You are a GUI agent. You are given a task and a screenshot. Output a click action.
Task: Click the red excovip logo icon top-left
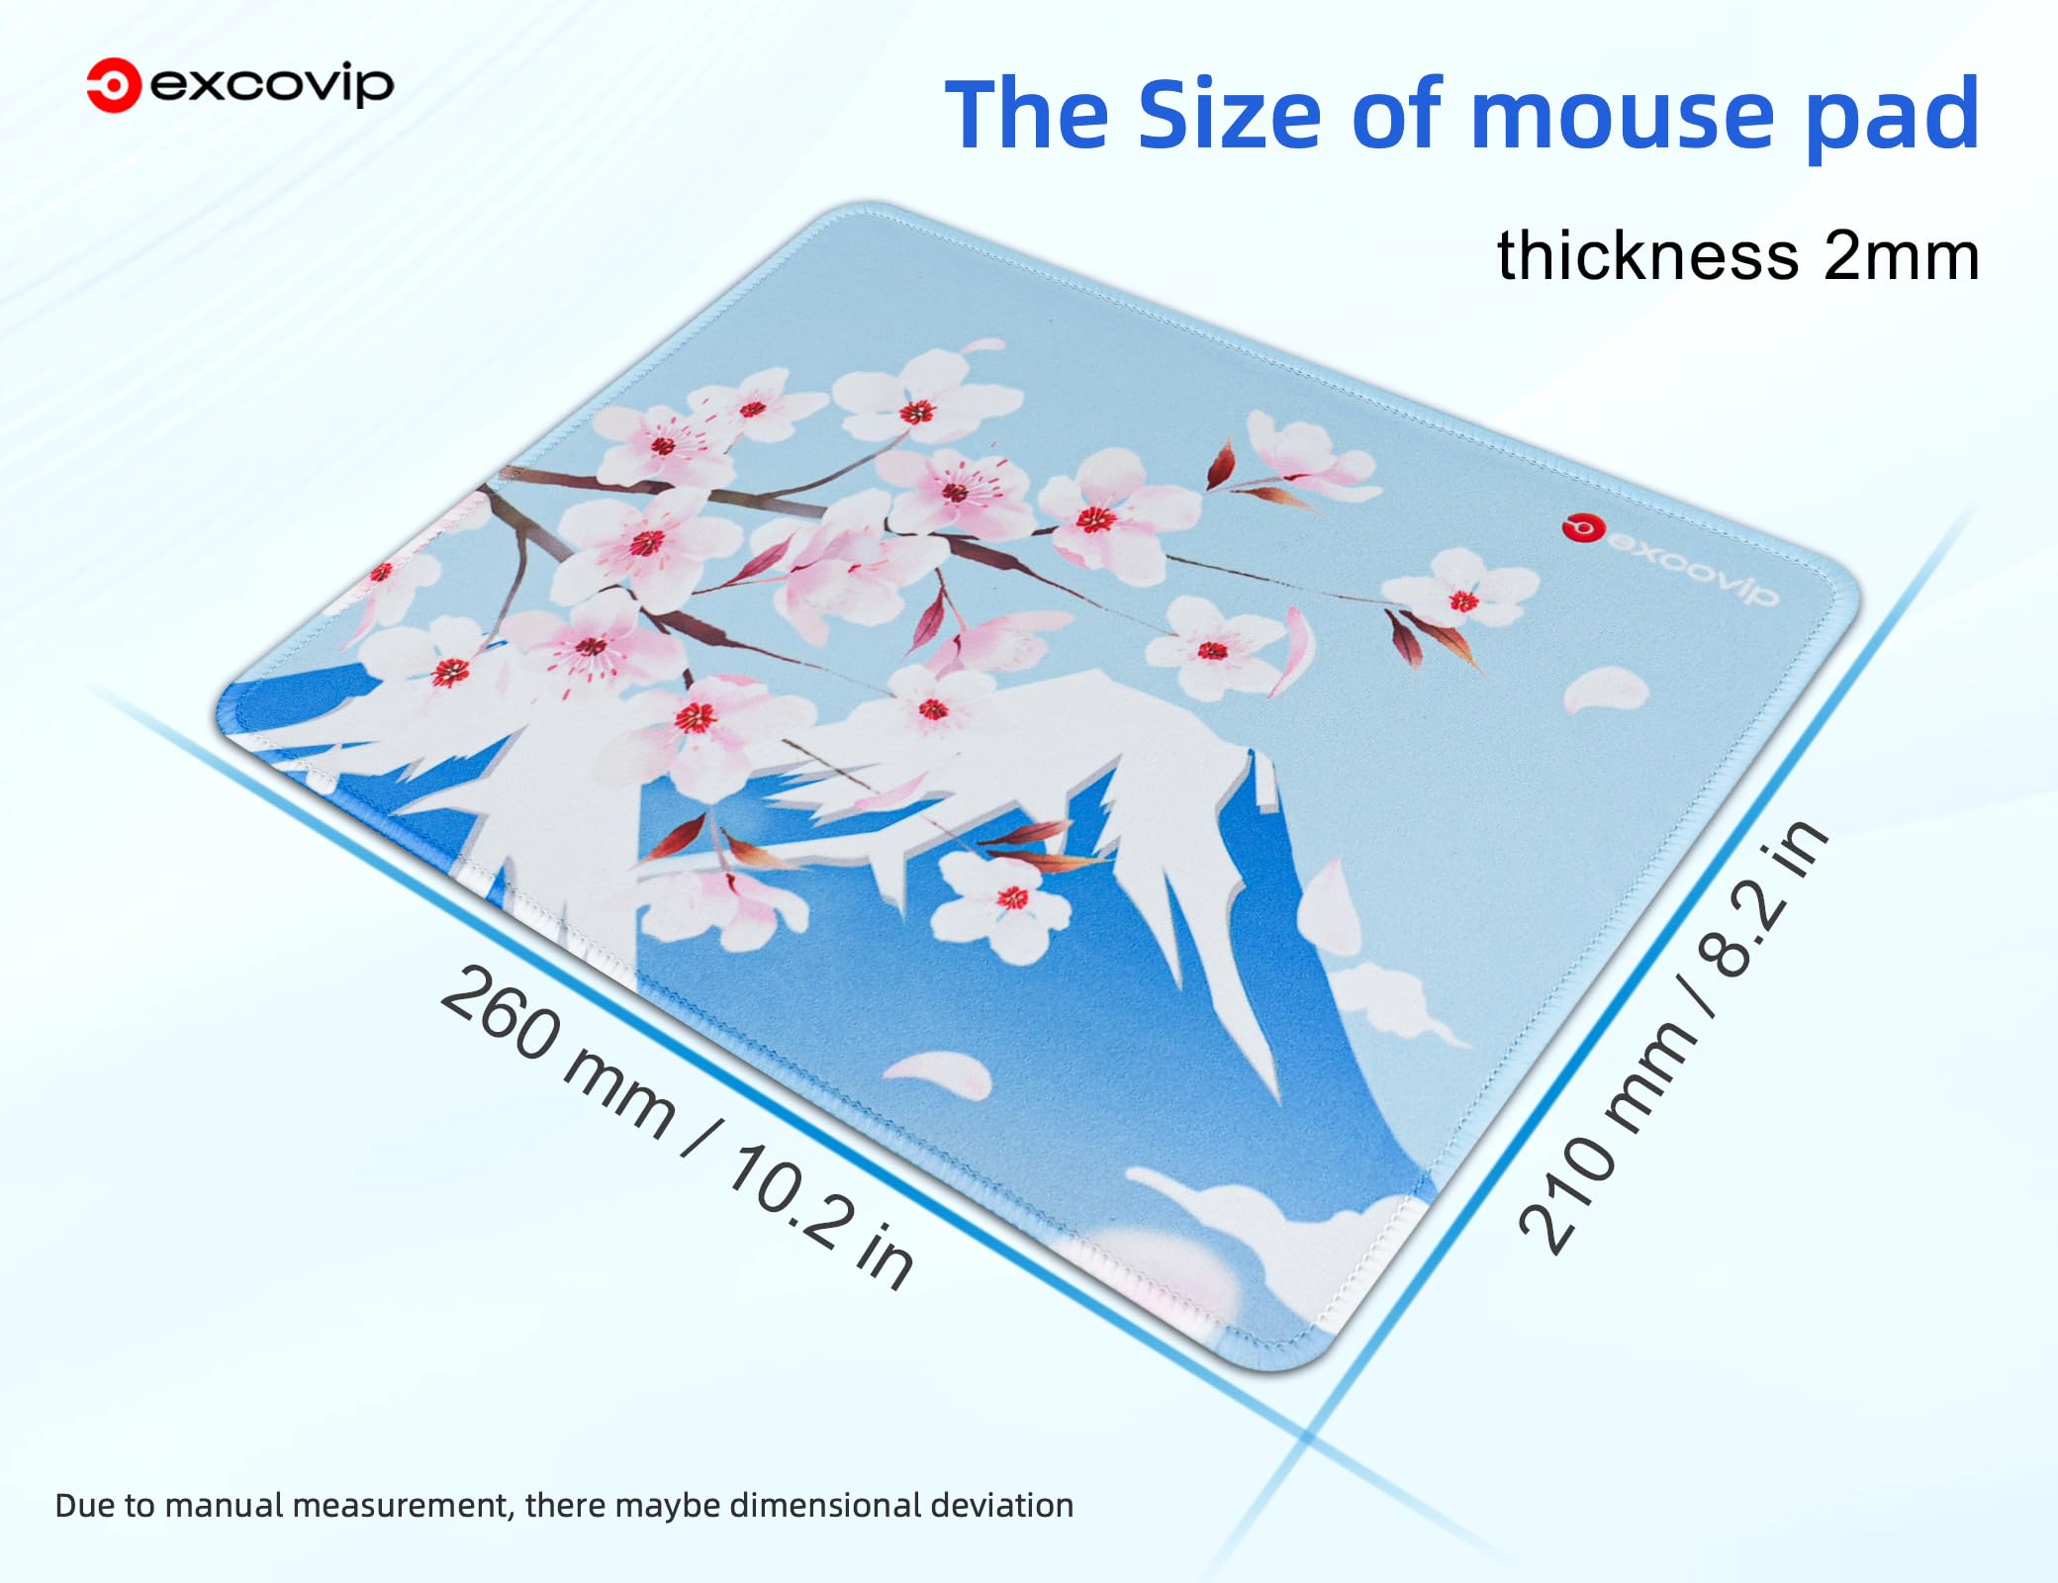(113, 85)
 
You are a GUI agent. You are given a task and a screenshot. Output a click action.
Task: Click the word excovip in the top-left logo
(272, 86)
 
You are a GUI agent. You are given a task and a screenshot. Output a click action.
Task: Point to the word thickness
(1647, 255)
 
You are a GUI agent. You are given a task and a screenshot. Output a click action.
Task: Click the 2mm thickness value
(1901, 256)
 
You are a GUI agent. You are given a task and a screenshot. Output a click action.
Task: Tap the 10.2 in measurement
(822, 1217)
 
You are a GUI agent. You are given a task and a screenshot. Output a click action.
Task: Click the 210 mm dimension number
(1607, 1138)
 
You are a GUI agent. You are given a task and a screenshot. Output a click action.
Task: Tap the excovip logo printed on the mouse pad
(1671, 560)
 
